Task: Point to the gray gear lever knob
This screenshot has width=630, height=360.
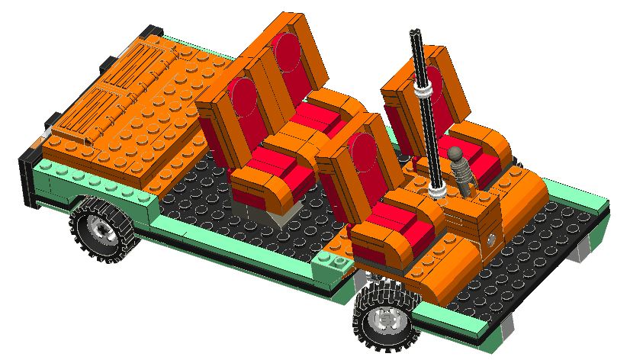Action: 457,155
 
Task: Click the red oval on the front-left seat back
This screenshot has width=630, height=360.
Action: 362,156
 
